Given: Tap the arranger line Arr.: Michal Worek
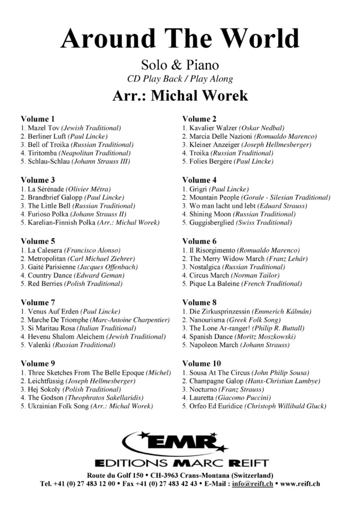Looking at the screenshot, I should [x=179, y=95].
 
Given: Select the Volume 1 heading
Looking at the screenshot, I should [x=38, y=119].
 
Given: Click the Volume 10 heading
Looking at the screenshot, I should [x=202, y=363].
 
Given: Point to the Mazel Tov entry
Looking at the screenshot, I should [x=71, y=128].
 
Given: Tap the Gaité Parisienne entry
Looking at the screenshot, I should [x=78, y=267].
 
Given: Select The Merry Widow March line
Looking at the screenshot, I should [x=244, y=258].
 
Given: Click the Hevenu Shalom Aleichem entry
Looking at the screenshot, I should [x=93, y=336].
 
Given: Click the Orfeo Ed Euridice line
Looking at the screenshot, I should [x=254, y=406].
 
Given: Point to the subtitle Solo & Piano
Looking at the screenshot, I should [x=179, y=65].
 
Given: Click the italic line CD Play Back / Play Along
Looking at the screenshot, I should [x=179, y=79].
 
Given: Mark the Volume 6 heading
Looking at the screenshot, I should [x=199, y=241].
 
